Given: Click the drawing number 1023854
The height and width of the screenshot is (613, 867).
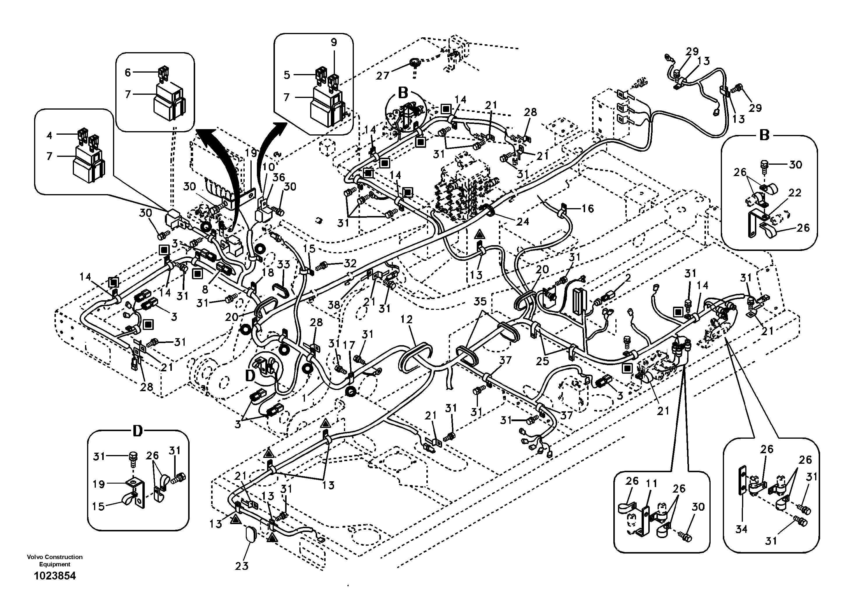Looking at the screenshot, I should tap(55, 576).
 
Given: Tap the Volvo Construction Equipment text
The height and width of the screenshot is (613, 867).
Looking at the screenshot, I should tap(55, 561).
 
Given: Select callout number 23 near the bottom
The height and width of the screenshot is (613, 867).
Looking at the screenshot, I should tap(242, 566).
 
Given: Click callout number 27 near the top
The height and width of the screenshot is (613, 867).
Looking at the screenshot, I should tap(382, 75).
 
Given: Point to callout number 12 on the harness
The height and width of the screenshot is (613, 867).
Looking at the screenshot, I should tap(406, 320).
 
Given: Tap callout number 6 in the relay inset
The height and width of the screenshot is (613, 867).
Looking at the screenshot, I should tap(128, 72).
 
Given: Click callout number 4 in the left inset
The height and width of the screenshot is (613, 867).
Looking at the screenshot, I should tap(50, 135).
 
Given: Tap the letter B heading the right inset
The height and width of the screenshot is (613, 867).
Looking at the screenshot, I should tap(764, 135).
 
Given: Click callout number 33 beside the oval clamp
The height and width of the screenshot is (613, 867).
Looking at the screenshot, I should tap(284, 264).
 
